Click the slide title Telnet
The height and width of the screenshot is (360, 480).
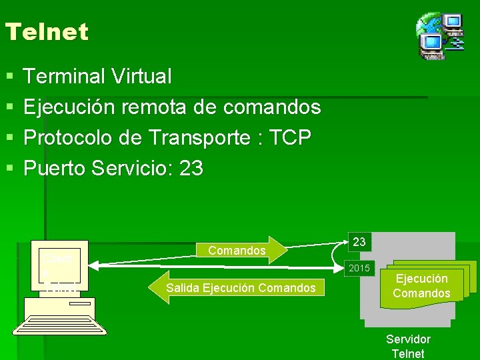pos(46,31)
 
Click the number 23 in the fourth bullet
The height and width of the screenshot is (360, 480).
pos(191,169)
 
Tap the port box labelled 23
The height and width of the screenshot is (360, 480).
pos(359,242)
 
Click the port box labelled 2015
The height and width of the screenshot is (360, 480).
pos(359,268)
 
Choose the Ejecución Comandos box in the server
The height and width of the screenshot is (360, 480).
pos(422,286)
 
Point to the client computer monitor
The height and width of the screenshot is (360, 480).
pos(61,267)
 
